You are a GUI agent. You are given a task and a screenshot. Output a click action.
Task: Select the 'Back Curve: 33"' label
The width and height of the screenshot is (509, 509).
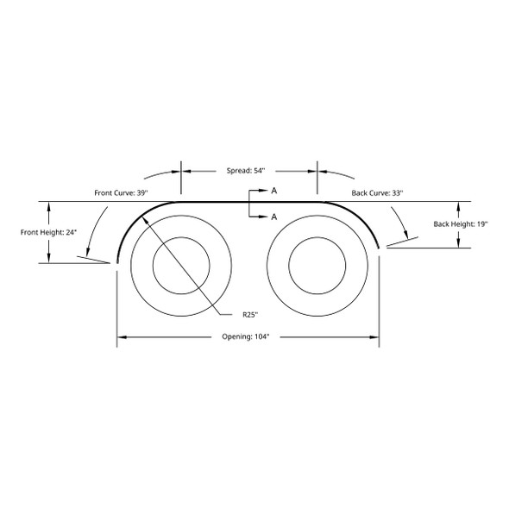tap(374, 192)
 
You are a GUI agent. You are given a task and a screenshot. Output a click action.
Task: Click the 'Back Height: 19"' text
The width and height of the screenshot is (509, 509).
tap(462, 224)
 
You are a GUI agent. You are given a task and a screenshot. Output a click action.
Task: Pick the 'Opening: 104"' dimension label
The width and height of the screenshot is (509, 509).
tap(248, 336)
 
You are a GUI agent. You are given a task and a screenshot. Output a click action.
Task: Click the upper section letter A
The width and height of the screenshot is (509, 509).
tap(273, 190)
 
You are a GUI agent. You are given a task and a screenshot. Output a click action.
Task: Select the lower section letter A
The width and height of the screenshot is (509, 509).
tap(273, 217)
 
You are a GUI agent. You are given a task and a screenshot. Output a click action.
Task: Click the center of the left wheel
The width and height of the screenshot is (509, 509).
tap(181, 263)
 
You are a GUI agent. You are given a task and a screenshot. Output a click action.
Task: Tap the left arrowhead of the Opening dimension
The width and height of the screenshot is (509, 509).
tap(122, 336)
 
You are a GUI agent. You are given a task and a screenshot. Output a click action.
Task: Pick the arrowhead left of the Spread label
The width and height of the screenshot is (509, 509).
tap(186, 171)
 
